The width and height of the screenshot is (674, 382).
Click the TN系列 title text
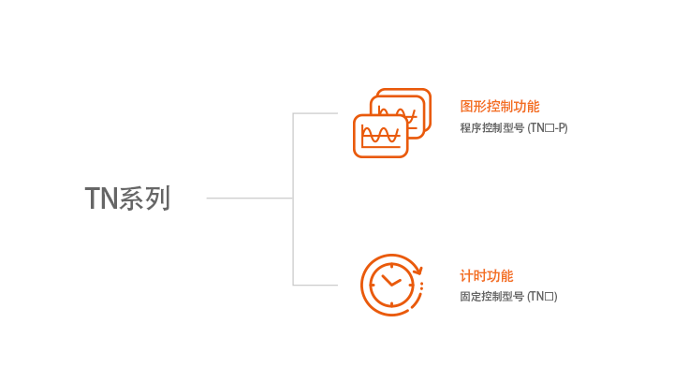pos(127,198)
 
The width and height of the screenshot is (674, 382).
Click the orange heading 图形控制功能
pos(500,106)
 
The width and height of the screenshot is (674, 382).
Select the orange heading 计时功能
pos(487,276)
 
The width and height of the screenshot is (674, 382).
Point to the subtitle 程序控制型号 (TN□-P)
pos(514,128)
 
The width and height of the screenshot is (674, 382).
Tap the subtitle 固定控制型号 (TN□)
pos(508,297)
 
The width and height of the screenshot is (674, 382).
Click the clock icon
pos(391,285)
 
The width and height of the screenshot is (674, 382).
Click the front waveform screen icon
pos(380,136)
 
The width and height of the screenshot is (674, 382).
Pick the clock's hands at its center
pos(390,282)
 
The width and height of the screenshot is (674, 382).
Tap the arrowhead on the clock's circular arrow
pos(418,271)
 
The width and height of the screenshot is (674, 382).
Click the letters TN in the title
pos(101,198)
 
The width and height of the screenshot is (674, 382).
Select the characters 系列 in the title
pos(144,198)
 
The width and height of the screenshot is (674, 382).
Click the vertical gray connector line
pos(293,198)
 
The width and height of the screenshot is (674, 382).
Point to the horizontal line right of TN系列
pos(250,198)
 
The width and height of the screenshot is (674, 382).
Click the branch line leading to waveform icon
pos(315,113)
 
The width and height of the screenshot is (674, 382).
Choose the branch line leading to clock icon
pos(315,285)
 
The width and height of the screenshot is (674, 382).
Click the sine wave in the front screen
pos(380,134)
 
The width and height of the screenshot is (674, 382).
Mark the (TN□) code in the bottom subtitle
pos(542,297)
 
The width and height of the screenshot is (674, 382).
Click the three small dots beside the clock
pos(421,286)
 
